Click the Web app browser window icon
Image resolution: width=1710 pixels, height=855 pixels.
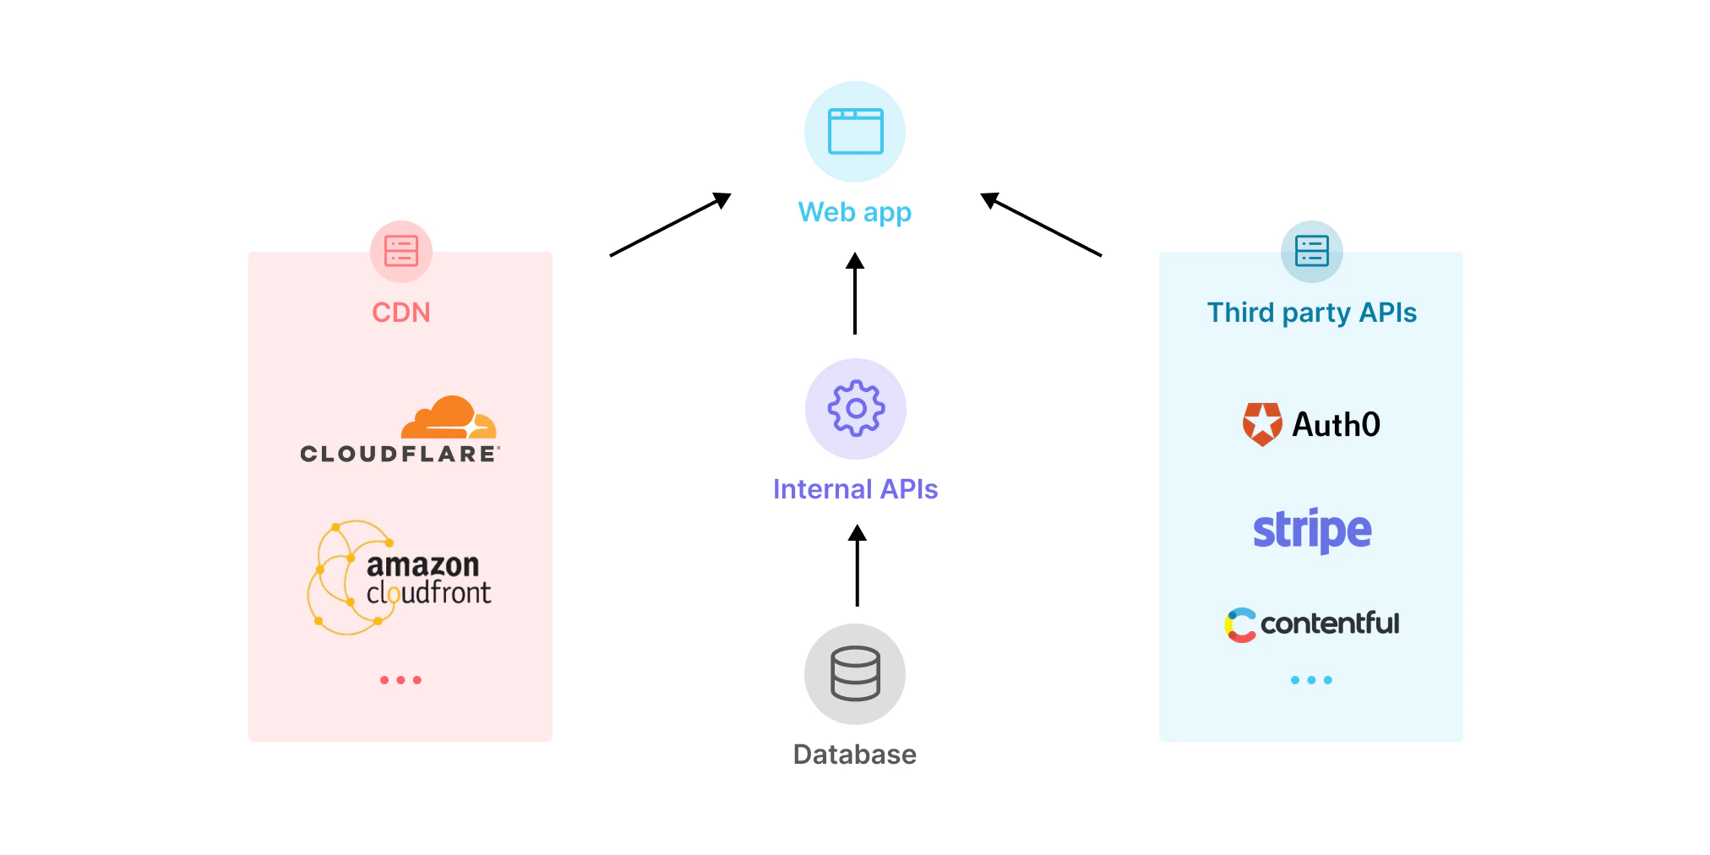coord(855,132)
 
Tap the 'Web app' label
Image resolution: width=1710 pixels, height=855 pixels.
coord(855,212)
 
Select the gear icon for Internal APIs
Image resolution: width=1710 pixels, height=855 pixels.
coord(856,409)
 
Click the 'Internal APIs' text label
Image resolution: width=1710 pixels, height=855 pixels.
coord(855,489)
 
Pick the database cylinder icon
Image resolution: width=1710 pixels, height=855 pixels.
coord(855,673)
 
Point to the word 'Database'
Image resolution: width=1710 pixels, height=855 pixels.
coord(855,754)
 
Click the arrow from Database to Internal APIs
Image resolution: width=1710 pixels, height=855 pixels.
coord(857,565)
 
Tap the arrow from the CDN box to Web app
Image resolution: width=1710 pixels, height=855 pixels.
coord(670,225)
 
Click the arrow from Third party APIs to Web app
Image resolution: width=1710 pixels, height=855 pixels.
coord(1041,225)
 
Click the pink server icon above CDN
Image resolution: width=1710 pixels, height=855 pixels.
coord(401,251)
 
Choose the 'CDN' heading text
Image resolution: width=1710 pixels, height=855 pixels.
coord(401,313)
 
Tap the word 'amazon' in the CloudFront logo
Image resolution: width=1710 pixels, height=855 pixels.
coord(422,564)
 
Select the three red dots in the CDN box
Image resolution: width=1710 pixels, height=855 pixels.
coord(400,680)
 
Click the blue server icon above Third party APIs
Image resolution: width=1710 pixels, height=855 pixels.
coord(1311,251)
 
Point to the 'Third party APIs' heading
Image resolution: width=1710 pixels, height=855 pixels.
coord(1311,313)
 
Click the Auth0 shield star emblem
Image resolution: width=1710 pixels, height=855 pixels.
coord(1262,423)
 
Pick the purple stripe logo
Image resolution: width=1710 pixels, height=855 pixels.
coord(1311,531)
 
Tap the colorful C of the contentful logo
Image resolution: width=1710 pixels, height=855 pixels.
coord(1240,625)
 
